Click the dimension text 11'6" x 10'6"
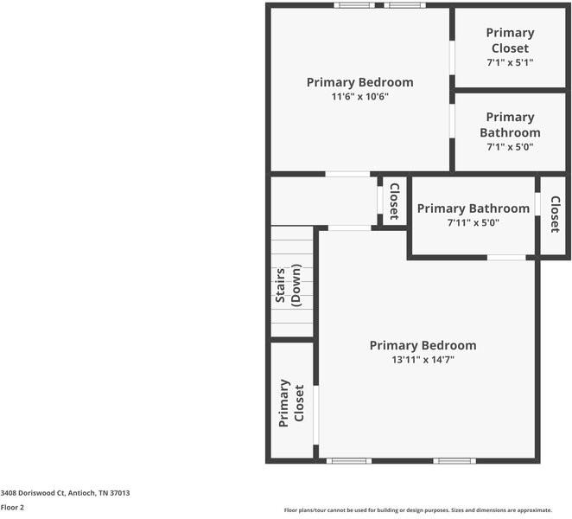pos(359,97)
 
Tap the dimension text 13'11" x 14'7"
pos(423,360)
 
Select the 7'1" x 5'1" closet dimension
pos(510,63)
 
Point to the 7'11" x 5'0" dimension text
pos(473,223)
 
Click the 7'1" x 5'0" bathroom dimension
pos(510,147)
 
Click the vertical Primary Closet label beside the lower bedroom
pos(290,401)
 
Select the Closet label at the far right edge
pos(555,215)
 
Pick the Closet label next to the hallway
pos(394,202)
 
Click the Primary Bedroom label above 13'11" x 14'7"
pos(423,345)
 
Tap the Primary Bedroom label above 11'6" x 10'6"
pos(359,82)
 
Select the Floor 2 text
pos(12,508)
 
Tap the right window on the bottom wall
pos(454,460)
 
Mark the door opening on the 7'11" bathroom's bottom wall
pos(506,257)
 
